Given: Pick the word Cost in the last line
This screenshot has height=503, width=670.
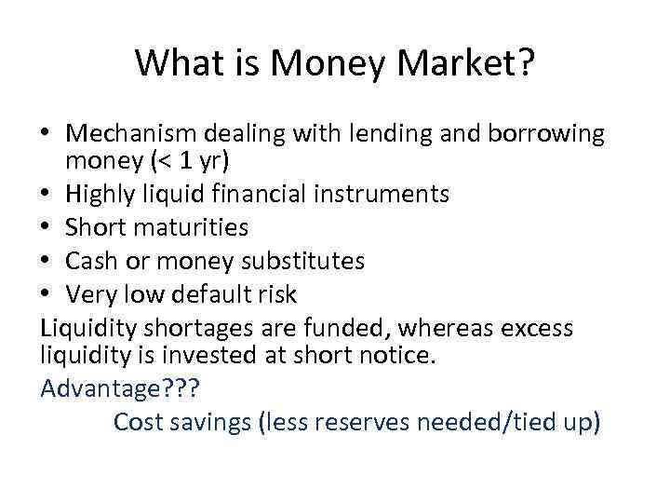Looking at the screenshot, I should coord(142,421).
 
